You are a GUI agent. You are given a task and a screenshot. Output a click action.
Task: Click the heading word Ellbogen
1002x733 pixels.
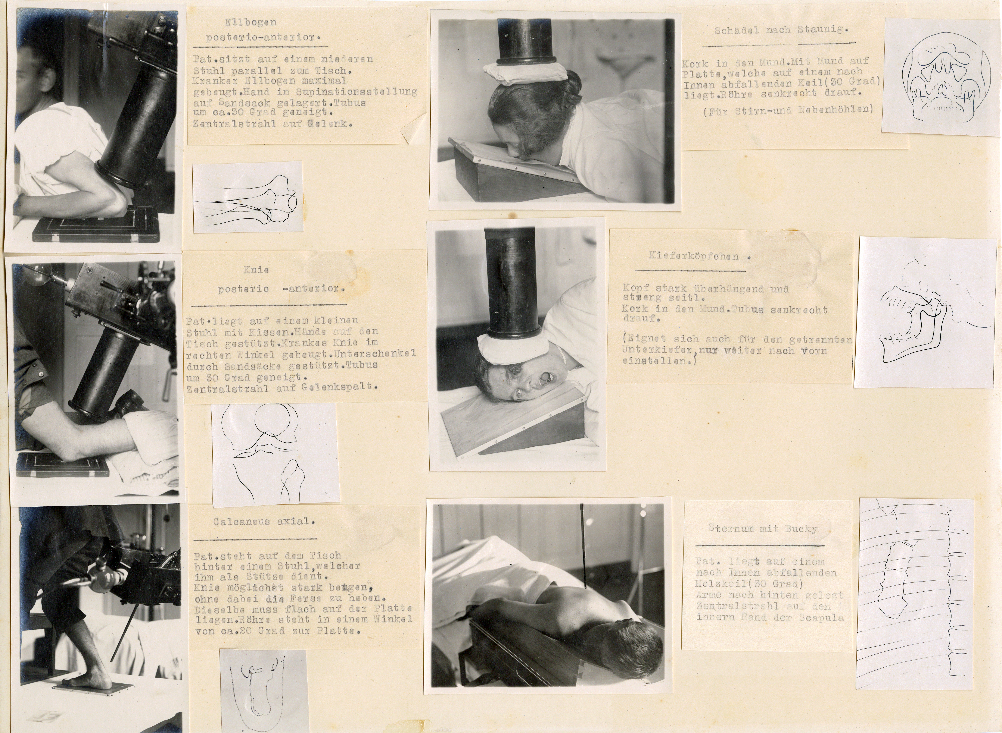(251, 22)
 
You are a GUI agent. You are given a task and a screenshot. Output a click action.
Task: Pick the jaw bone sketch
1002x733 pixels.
(919, 320)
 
